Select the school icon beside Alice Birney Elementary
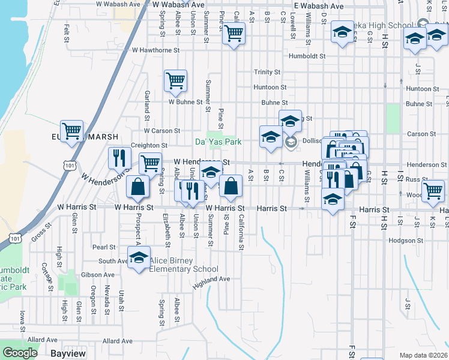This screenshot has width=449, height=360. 139,258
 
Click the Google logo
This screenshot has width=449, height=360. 21,353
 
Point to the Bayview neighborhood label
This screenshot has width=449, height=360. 68,354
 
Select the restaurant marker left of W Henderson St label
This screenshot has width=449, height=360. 119,158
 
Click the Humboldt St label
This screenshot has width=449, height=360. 306,56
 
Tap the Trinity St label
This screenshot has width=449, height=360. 267,72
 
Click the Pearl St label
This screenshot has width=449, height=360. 104,247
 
